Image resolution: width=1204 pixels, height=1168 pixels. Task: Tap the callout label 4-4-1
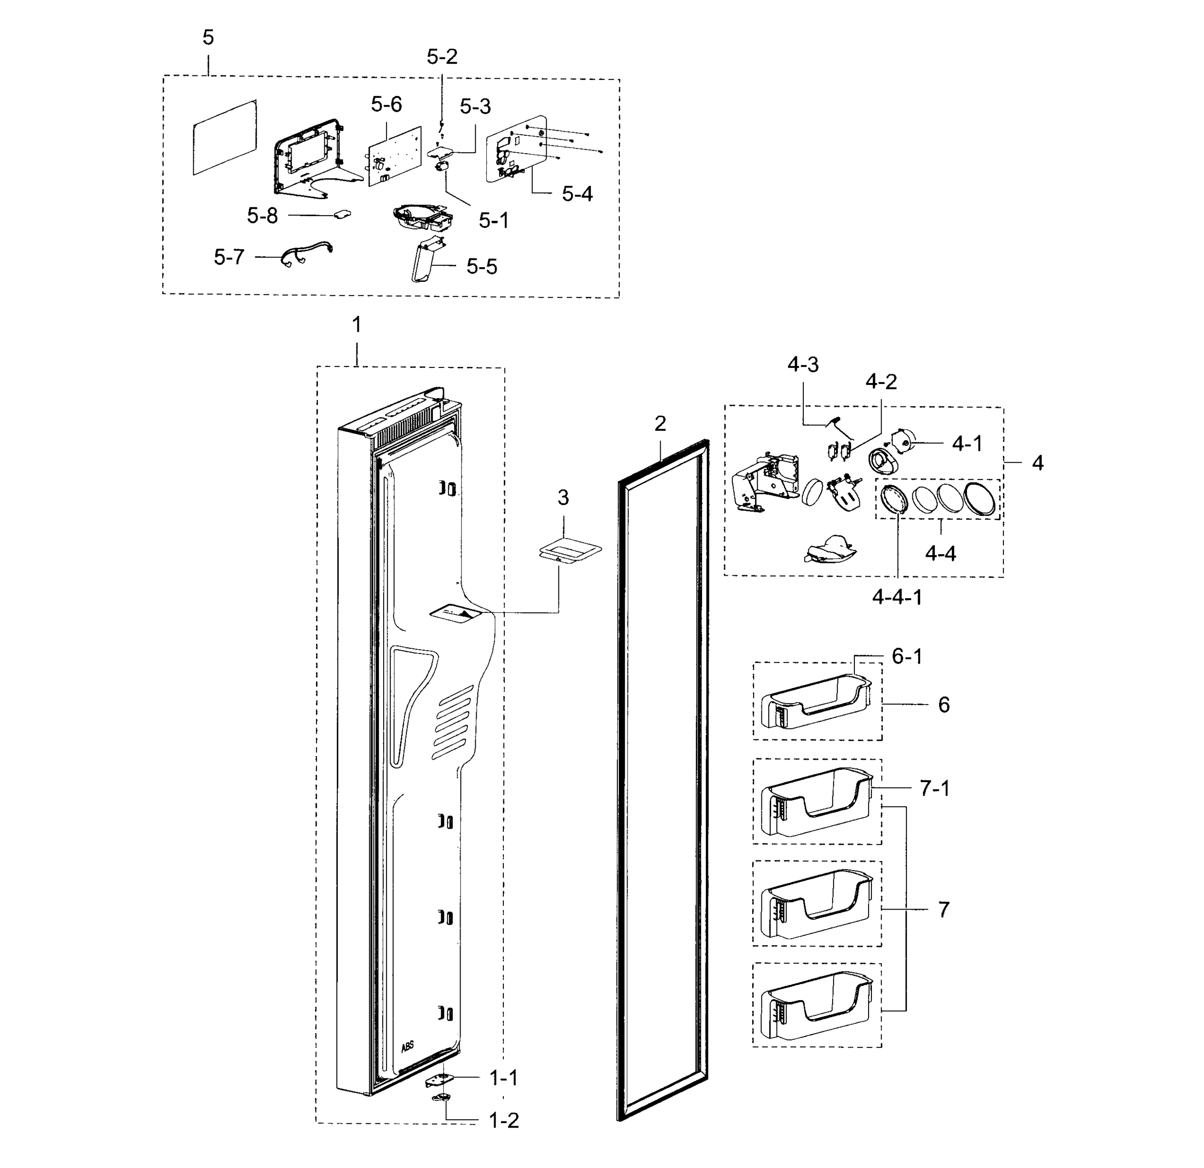[x=897, y=597]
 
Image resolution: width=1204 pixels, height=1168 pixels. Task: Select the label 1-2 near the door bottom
[x=504, y=1121]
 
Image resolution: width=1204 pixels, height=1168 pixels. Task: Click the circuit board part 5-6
[x=394, y=157]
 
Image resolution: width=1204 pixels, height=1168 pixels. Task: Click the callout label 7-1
[x=934, y=788]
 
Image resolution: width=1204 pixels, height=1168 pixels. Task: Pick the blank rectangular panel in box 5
[x=224, y=138]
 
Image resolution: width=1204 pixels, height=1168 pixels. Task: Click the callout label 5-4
[x=577, y=194]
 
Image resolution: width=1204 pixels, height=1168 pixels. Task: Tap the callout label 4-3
[x=803, y=365]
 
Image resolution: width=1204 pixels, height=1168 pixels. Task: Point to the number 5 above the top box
[x=208, y=37]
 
